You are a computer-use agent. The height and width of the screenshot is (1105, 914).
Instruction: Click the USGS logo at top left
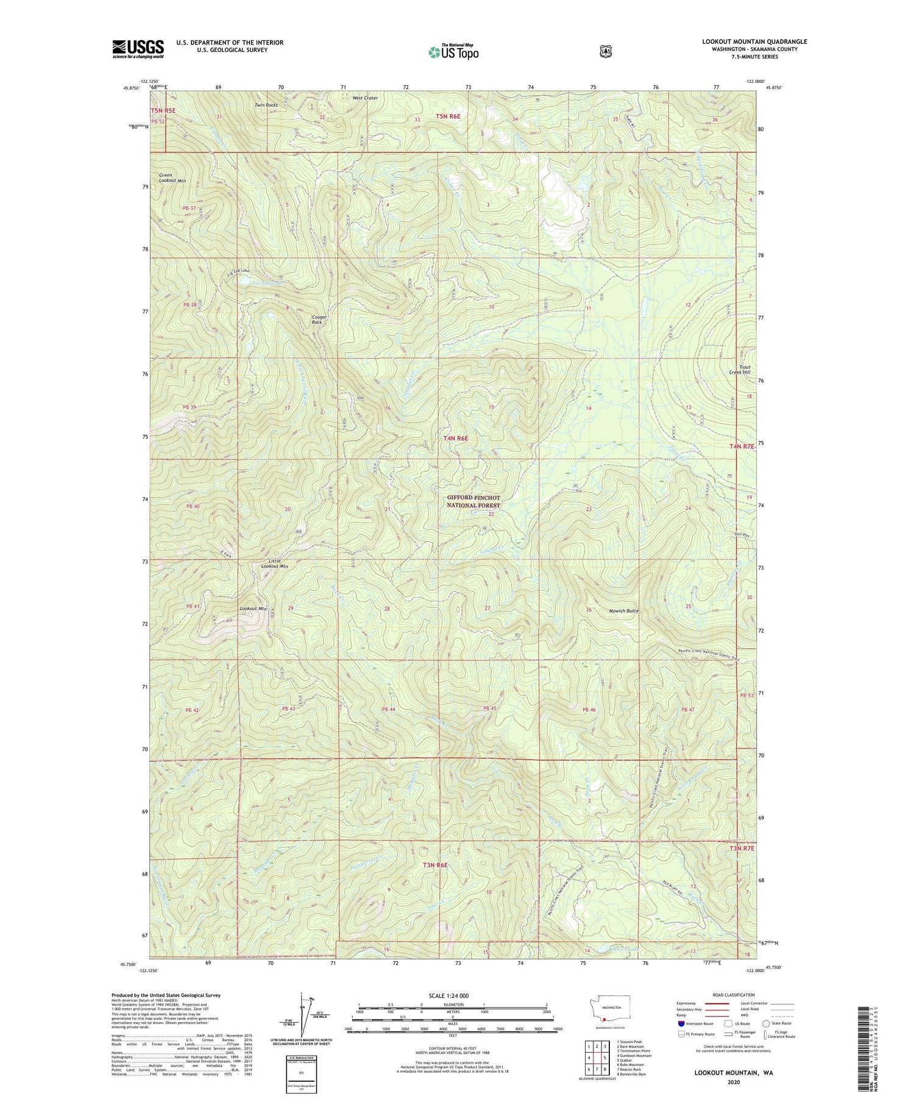tap(138, 49)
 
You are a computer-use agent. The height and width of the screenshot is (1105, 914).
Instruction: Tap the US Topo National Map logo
tap(453, 52)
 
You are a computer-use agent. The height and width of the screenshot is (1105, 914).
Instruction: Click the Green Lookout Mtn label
tap(172, 177)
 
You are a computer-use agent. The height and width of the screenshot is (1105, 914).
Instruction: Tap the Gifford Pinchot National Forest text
tap(473, 502)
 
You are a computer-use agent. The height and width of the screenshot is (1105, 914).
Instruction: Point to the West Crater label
tap(365, 98)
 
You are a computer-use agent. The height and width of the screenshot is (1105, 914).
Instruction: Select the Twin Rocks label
tap(266, 105)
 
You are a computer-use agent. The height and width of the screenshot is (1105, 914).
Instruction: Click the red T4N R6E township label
tap(455, 438)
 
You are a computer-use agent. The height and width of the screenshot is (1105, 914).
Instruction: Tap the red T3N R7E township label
tap(742, 848)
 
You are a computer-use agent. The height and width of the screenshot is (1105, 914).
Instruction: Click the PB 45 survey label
tap(489, 708)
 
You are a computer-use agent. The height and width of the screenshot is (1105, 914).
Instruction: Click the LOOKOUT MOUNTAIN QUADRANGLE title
tap(754, 41)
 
